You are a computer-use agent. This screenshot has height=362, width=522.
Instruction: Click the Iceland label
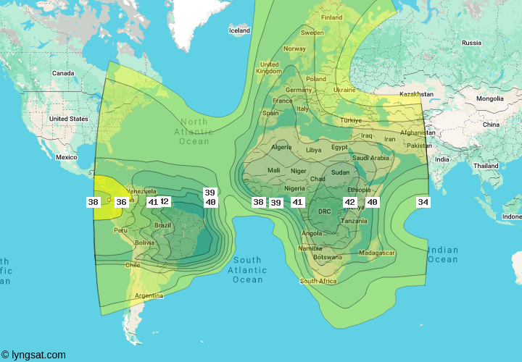point(239,30)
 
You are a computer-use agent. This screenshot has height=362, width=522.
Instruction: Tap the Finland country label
point(332,17)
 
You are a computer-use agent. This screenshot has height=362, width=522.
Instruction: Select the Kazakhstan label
point(415,94)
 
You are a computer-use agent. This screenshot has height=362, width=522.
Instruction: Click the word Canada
point(63,73)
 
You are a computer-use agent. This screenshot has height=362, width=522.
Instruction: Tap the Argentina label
point(148,295)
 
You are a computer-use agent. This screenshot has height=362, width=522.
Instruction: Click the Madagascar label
point(376,253)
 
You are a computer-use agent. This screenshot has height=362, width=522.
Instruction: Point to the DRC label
point(325,211)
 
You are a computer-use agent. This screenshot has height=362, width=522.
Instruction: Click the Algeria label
point(281,147)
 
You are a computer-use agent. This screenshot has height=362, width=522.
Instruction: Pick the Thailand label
point(486,166)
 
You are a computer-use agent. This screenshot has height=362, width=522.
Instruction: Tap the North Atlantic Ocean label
point(194,132)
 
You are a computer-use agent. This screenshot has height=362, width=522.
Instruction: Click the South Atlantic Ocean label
point(247,270)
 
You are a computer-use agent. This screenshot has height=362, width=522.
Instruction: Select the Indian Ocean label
point(442,255)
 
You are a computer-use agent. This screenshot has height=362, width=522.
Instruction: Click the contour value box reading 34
point(423,202)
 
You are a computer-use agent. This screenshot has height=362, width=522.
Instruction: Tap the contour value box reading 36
point(121,202)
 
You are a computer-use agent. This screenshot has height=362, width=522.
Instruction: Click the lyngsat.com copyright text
point(33,355)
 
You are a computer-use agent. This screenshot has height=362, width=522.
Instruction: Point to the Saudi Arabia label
point(371,158)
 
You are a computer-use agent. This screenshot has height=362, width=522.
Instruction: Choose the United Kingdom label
point(269,67)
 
